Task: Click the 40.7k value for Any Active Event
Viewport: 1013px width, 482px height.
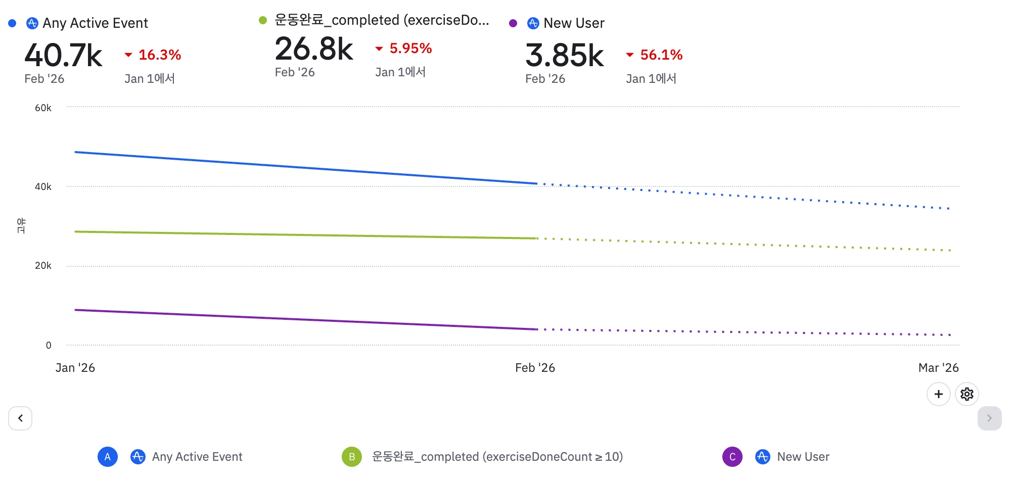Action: pos(63,55)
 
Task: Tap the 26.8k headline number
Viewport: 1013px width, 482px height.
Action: pos(314,49)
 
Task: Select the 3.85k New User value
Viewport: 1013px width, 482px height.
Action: pos(564,55)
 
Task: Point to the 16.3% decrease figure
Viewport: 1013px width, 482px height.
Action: pos(159,55)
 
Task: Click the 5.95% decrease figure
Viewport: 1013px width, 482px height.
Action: pos(410,49)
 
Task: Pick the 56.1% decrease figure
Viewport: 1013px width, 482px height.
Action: pos(661,55)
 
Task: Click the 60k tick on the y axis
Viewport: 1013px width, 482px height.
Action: pos(43,108)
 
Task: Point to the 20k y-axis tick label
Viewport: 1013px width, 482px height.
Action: pos(43,266)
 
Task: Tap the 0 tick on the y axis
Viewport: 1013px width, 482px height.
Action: pos(49,345)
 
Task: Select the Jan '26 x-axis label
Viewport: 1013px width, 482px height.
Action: pos(75,368)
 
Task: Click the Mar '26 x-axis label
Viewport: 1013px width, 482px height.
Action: pos(938,368)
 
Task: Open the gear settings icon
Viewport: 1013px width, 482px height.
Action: pos(966,394)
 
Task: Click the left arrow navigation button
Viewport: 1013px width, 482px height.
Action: pos(20,418)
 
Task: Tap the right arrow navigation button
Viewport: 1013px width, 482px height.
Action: pos(989,418)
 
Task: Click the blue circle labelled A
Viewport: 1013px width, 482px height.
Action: pos(108,457)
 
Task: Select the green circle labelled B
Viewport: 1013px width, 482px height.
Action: pos(352,457)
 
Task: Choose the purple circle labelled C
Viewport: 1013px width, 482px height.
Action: pos(732,457)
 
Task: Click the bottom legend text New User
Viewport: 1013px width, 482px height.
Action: pos(803,457)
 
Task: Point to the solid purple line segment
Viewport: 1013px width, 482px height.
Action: pos(303,319)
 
